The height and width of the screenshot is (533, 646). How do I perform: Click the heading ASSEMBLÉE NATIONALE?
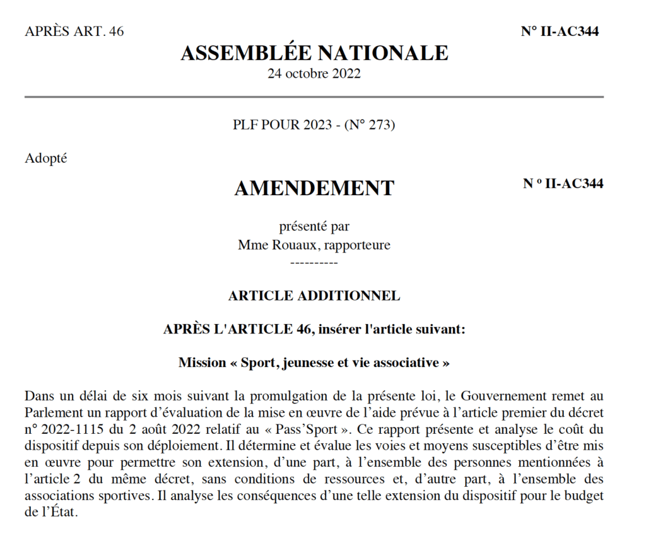tap(314, 53)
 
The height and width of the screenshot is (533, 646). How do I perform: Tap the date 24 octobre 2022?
tap(314, 73)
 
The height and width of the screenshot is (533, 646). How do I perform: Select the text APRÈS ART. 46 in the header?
tap(74, 32)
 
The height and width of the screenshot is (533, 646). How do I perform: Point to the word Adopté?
tap(46, 159)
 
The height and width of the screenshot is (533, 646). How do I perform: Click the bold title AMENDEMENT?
tap(314, 188)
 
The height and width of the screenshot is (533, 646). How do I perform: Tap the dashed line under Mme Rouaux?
tap(314, 261)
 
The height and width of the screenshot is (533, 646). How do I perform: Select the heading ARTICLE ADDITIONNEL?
tap(314, 296)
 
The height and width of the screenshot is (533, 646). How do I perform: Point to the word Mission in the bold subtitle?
tap(201, 362)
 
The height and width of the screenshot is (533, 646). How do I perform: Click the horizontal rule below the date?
tap(314, 97)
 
